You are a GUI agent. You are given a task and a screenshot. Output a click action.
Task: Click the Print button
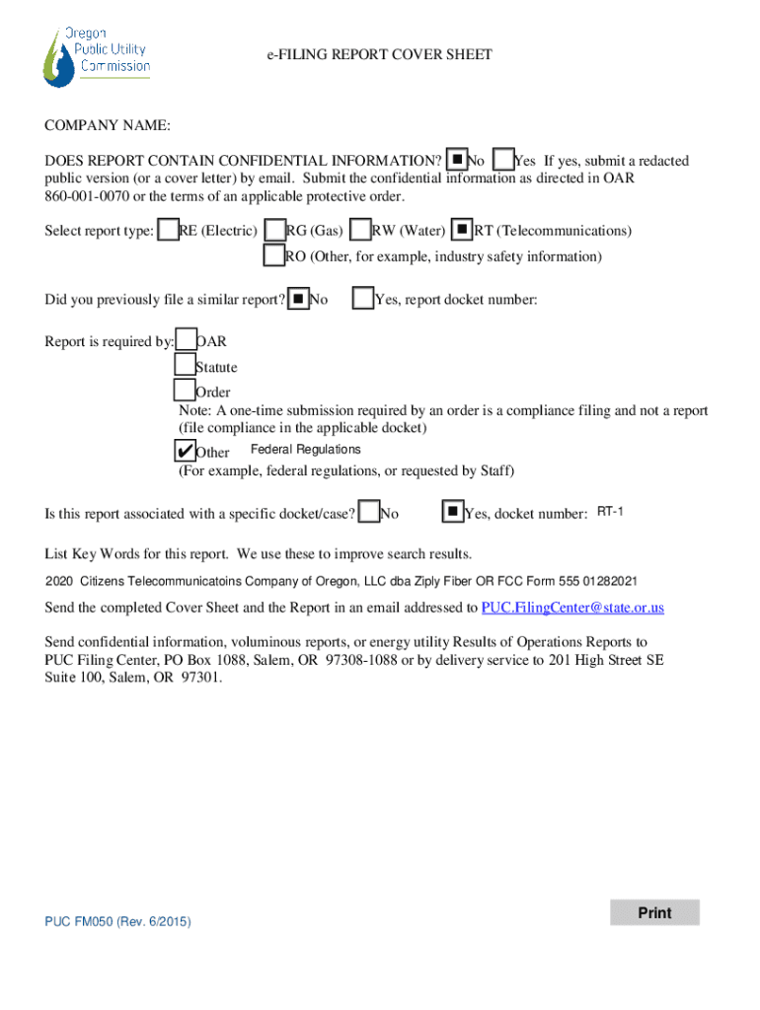coord(654,912)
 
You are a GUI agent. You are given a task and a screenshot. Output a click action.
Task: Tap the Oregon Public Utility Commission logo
coord(96,56)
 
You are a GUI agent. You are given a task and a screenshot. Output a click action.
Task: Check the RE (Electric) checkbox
coord(168,229)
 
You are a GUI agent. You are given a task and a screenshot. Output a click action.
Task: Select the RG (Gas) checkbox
coord(275,229)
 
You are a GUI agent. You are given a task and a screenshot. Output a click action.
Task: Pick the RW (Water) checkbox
coord(360,229)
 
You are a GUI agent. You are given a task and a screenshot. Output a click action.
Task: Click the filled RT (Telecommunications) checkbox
coord(462,229)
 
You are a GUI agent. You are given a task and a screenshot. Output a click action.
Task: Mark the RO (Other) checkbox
coord(274,254)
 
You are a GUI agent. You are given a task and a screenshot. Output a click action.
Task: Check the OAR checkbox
coord(186,339)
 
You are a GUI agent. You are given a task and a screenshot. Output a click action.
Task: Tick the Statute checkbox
coord(185,364)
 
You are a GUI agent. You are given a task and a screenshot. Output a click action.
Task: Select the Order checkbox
coord(185,390)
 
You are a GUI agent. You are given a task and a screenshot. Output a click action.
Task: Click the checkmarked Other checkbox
coord(185,450)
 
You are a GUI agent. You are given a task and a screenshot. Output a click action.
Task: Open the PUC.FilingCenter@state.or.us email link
coord(572,608)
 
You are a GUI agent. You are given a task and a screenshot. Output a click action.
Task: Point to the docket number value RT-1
coord(610,512)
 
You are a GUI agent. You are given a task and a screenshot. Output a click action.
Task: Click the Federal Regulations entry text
coord(306,449)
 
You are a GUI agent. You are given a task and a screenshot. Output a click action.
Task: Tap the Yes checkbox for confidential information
coord(502,159)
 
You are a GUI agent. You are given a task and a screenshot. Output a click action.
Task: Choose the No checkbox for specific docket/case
coord(369,512)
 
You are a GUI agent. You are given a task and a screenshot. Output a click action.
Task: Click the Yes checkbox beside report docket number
coord(363,298)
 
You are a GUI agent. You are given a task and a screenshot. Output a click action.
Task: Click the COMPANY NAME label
coord(108,125)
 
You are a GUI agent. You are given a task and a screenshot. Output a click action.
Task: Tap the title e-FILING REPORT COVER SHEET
coord(379,54)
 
